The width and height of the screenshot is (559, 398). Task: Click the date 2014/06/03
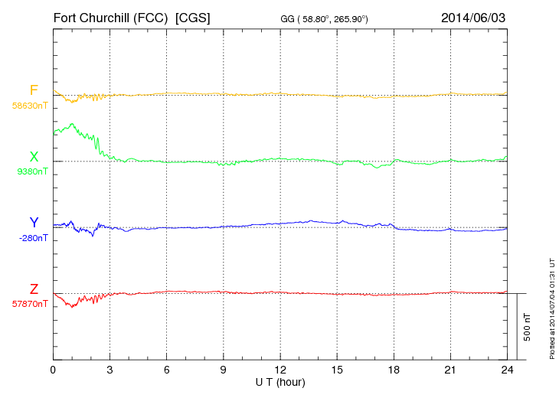473,17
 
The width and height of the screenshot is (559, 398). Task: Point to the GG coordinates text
325,18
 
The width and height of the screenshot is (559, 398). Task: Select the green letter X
34,157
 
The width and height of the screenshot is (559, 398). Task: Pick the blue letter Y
34,223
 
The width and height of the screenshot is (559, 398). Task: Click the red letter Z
34,289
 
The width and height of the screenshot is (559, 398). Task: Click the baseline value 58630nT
30,106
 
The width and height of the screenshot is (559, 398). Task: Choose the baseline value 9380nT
32,171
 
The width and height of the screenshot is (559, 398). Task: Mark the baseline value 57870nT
30,304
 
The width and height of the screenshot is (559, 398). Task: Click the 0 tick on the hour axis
53,370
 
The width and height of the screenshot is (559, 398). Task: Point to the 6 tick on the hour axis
166,370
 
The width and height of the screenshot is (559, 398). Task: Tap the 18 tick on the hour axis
394,370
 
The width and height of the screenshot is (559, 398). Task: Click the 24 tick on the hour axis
507,370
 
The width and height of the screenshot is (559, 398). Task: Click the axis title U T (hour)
280,381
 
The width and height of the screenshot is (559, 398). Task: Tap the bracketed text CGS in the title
191,17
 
